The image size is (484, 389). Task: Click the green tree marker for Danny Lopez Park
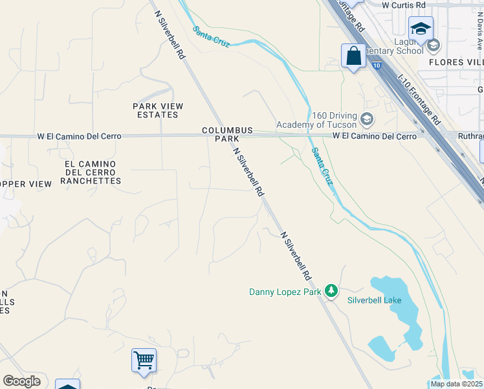(x=331, y=290)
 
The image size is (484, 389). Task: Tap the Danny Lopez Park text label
(x=285, y=292)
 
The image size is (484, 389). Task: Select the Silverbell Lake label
(x=374, y=300)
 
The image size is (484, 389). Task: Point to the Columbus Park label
(x=227, y=135)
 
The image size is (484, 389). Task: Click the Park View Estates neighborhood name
(x=158, y=110)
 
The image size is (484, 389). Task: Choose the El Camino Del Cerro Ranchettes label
(x=91, y=172)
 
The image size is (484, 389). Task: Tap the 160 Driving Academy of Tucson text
(x=316, y=120)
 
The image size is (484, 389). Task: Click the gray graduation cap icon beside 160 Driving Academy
(x=367, y=119)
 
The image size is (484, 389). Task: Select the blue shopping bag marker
(x=353, y=56)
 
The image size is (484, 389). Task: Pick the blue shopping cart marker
(x=144, y=360)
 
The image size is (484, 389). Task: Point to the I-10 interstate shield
(x=377, y=65)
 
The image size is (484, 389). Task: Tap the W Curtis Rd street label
(x=403, y=5)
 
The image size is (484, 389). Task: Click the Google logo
(x=21, y=381)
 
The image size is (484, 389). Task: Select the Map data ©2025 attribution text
(x=456, y=384)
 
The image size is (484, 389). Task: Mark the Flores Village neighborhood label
(x=456, y=62)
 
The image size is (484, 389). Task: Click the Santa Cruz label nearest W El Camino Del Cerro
(x=322, y=167)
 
